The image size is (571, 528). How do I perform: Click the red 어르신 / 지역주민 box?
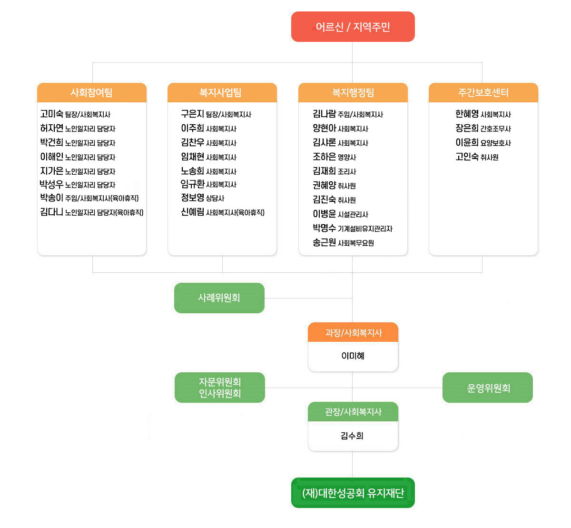pyautogui.click(x=353, y=27)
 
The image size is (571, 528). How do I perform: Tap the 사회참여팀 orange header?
pyautogui.click(x=92, y=93)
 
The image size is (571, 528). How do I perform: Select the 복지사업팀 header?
pyautogui.click(x=222, y=93)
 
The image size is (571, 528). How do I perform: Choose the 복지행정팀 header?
pyautogui.click(x=353, y=93)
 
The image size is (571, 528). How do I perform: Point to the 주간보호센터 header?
pyautogui.click(x=483, y=93)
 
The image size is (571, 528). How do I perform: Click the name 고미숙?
pyautogui.click(x=52, y=114)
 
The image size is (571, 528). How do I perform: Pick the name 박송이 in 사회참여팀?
pyautogui.click(x=52, y=198)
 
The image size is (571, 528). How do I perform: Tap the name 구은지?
pyautogui.click(x=192, y=114)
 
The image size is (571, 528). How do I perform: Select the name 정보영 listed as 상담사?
pyautogui.click(x=192, y=198)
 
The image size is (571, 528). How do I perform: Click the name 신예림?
pyautogui.click(x=192, y=212)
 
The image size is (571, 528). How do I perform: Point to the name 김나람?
pyautogui.click(x=325, y=114)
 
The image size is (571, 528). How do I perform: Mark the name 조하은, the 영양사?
pyautogui.click(x=325, y=157)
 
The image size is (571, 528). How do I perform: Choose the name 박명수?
pyautogui.click(x=325, y=228)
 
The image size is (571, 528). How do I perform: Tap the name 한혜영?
pyautogui.click(x=467, y=114)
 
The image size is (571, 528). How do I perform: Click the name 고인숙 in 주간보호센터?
pyautogui.click(x=467, y=157)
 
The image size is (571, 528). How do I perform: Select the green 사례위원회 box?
pyautogui.click(x=219, y=298)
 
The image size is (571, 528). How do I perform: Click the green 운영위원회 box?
pyautogui.click(x=487, y=387)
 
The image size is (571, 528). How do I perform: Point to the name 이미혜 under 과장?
pyautogui.click(x=353, y=356)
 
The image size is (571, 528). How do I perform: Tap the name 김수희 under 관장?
pyautogui.click(x=352, y=436)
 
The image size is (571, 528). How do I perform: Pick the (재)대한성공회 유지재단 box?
pyautogui.click(x=353, y=493)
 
